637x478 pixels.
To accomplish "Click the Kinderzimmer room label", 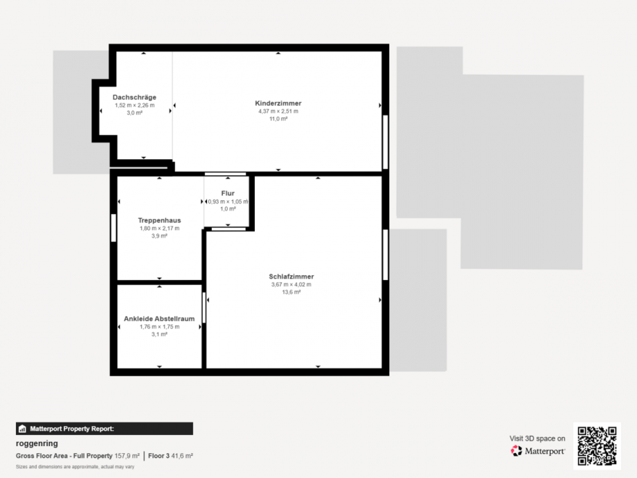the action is (278, 103).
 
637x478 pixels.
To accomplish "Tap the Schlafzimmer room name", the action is (291, 276).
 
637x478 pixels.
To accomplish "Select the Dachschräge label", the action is (134, 97).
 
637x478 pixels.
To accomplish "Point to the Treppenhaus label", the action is (159, 220).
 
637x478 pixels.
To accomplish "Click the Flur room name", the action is (228, 193).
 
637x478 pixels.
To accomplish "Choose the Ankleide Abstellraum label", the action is (159, 319).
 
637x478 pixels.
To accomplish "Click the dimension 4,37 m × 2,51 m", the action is (278, 111).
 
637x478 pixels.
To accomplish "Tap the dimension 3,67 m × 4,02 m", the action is (291, 285).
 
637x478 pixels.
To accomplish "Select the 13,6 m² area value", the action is (291, 292).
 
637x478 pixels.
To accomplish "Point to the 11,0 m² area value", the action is (278, 118).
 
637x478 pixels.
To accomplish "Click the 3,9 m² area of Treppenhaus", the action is (159, 236).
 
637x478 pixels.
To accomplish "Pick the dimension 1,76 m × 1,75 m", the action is (159, 326).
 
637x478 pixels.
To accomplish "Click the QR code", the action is (597, 446).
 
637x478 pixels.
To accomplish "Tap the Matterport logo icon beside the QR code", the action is (517, 451).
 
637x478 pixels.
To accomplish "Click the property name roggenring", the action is (37, 443).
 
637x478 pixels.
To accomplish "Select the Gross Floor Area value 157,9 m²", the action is (127, 456).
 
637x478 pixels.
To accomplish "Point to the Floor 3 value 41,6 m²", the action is (182, 456).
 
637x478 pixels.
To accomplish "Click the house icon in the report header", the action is (22, 429).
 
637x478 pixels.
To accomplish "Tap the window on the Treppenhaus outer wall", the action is (114, 228).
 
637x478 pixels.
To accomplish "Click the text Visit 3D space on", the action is (537, 439).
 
